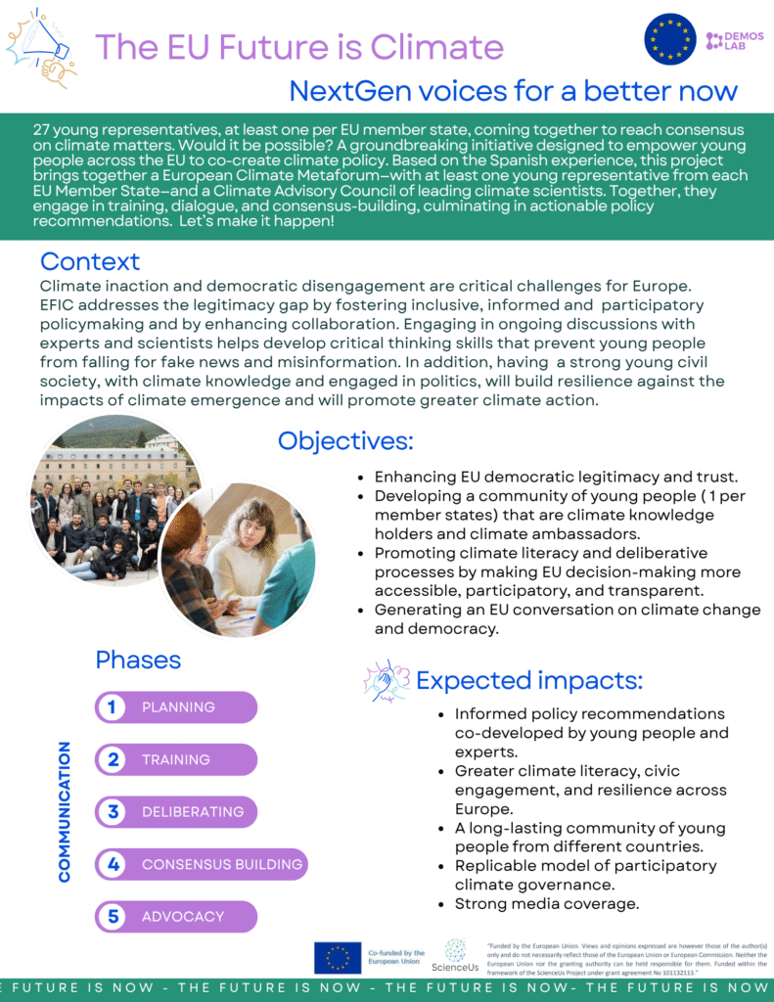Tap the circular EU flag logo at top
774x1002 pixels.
point(669,40)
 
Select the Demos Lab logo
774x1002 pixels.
point(728,40)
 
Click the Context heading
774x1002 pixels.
point(90,261)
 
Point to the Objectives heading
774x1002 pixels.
point(345,440)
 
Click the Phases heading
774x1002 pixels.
point(138,660)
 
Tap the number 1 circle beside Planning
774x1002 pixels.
point(114,707)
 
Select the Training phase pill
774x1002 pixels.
point(176,759)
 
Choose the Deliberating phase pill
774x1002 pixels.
point(176,812)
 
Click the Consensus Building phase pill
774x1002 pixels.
point(201,864)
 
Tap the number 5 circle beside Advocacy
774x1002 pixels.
point(114,917)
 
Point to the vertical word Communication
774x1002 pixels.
point(65,812)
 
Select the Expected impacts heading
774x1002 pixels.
point(529,680)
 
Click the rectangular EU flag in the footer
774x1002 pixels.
point(338,957)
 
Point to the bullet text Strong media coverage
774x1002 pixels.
point(546,904)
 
